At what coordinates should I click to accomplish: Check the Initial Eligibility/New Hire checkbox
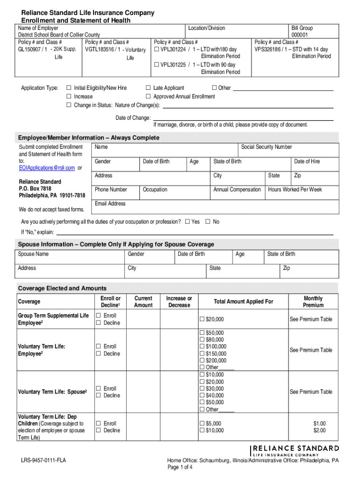coord(69,88)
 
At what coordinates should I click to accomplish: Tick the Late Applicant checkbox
coord(148,88)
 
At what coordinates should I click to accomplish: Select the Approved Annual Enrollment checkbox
coord(148,97)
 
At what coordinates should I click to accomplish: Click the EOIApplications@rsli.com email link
coord(47,168)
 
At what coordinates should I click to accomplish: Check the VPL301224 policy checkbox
coord(157,50)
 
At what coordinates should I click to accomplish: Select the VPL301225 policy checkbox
coord(157,65)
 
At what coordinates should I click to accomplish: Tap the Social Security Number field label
coord(266,147)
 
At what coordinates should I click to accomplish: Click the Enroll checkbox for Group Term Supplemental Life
coord(99,316)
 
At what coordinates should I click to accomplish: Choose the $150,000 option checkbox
coord(202,354)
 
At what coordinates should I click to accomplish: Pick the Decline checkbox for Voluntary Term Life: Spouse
coord(99,396)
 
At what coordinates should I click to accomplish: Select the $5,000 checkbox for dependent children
coord(202,424)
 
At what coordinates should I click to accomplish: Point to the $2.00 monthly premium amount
coord(319,430)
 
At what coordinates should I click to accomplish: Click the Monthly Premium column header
coord(313,302)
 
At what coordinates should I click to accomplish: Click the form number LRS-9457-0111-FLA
coord(43,461)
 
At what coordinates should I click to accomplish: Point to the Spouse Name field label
coord(33,254)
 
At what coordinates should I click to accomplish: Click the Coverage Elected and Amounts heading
coord(62,288)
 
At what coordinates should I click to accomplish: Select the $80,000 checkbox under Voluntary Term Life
coord(202,340)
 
